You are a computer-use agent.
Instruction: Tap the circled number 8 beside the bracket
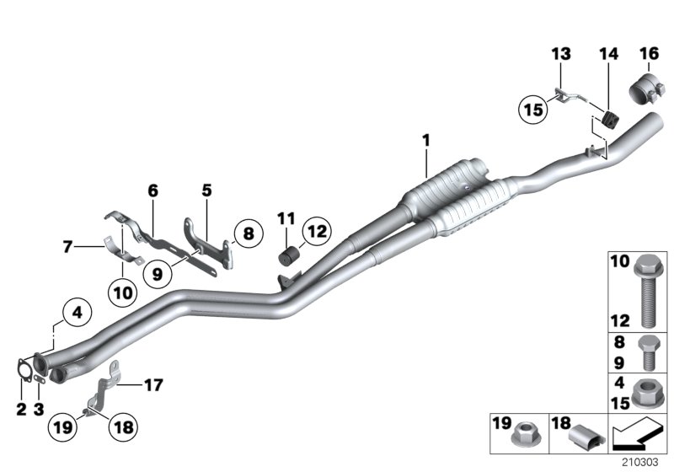tap(247, 233)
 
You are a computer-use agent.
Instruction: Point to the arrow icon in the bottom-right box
tap(636, 436)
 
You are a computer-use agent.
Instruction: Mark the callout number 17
tap(152, 385)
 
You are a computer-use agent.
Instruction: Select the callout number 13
tap(560, 54)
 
